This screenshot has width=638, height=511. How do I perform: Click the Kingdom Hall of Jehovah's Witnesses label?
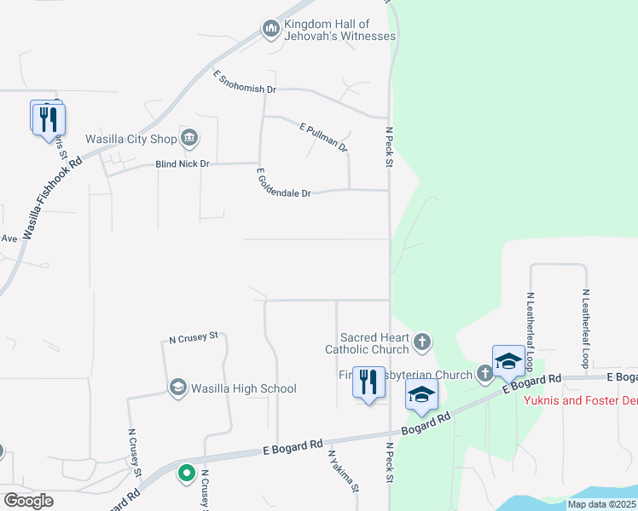click(339, 30)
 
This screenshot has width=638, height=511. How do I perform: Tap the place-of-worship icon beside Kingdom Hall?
click(272, 30)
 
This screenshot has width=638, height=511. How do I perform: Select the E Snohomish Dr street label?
click(245, 83)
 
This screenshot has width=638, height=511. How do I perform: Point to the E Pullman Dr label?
click(324, 137)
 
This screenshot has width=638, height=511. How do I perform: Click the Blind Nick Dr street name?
click(182, 164)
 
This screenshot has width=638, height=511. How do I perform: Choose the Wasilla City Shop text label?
click(130, 139)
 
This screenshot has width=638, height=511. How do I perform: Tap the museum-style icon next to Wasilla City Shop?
click(189, 137)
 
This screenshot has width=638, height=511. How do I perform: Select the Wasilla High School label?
click(243, 389)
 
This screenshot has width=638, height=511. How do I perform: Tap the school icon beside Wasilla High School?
click(177, 388)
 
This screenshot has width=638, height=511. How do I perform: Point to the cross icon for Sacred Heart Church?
click(421, 343)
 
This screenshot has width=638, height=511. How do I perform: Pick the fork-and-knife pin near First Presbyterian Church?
click(368, 382)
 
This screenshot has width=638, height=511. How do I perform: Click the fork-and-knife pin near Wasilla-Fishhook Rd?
click(49, 119)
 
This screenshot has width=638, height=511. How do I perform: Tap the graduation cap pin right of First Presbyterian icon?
click(508, 361)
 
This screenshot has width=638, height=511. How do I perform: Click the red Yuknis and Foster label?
click(580, 399)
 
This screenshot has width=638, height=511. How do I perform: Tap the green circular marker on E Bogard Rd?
click(186, 473)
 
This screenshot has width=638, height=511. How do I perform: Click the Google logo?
click(28, 501)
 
